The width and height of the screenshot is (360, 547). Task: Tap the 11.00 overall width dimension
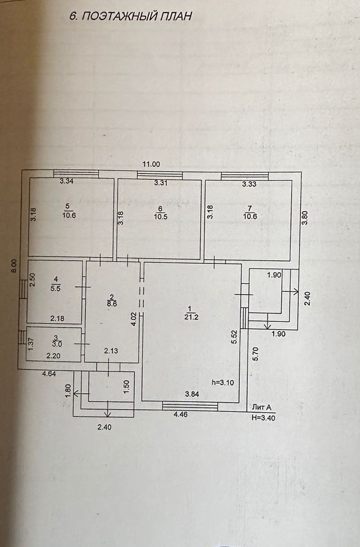tap(152, 164)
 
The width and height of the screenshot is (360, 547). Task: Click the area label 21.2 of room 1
tap(189, 316)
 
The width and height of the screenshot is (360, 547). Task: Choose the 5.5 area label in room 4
tap(56, 287)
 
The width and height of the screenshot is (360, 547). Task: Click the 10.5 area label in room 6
tap(159, 217)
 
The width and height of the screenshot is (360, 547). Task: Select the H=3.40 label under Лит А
tap(263, 418)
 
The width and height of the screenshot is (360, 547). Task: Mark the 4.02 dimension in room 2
tap(134, 319)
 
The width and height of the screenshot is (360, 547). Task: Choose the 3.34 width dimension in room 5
tap(66, 182)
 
